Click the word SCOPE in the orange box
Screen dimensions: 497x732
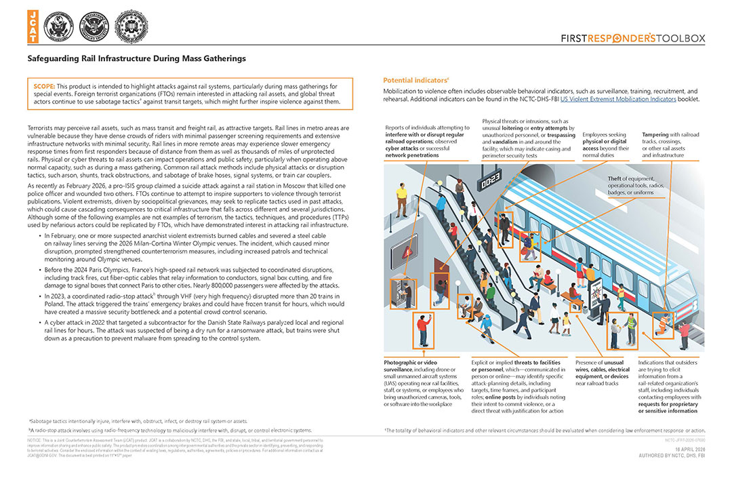click(x=44, y=87)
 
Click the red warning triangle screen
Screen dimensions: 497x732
click(x=407, y=252)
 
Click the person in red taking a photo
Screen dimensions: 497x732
click(x=422, y=330)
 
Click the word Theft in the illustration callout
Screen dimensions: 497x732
click(x=616, y=179)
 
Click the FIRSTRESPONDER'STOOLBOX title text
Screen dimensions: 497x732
click(x=633, y=39)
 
